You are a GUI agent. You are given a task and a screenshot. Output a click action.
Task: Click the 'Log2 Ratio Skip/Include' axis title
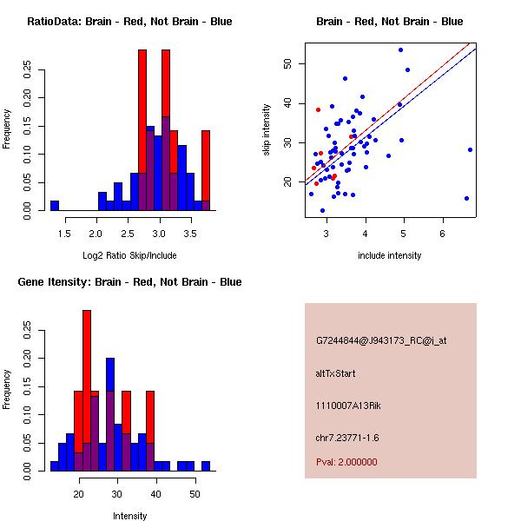(129, 255)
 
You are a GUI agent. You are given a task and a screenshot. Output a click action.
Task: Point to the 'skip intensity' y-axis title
(267, 129)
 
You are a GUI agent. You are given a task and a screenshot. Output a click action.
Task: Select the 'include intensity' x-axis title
(390, 255)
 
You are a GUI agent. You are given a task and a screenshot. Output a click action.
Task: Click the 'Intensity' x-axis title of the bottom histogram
(129, 516)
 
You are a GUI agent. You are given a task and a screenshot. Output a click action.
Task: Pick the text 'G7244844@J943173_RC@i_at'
(381, 341)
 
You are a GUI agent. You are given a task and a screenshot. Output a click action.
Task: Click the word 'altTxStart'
(335, 373)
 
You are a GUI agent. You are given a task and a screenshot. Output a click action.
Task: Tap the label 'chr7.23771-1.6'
(347, 437)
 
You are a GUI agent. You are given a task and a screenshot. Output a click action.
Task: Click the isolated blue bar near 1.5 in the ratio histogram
(55, 206)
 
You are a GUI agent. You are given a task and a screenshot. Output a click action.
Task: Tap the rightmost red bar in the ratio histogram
(206, 165)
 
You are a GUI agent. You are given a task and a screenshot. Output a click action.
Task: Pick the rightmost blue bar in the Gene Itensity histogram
(206, 465)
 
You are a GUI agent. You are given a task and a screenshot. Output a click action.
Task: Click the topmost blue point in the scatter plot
(400, 49)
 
